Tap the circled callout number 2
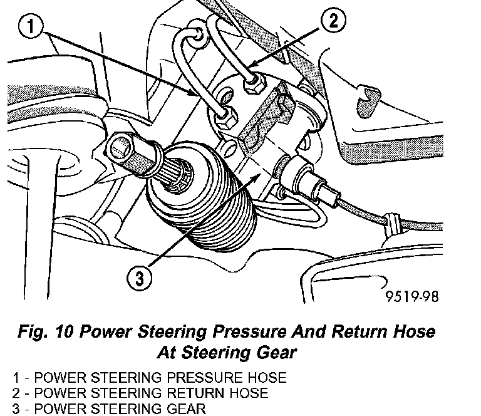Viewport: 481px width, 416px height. (x=332, y=21)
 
